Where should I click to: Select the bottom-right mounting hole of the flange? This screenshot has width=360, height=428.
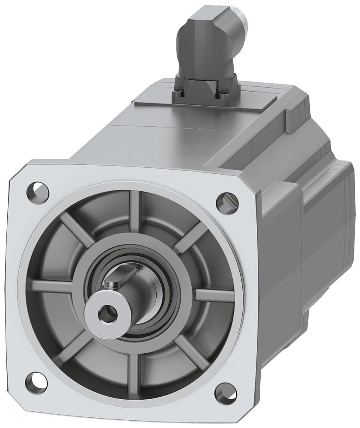coord(226,393)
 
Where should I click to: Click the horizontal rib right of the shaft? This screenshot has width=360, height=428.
coord(214,295)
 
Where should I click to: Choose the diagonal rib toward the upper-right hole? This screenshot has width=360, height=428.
coord(191,238)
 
